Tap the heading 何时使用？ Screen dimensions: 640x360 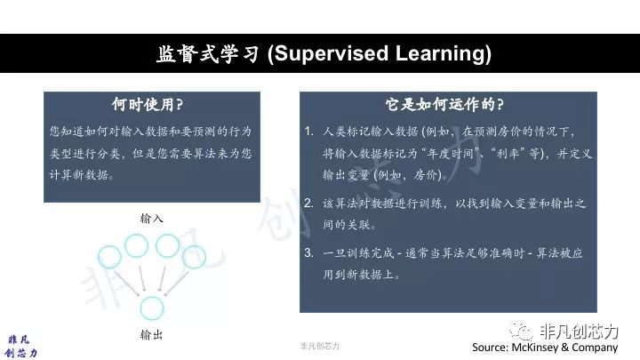pos(148,105)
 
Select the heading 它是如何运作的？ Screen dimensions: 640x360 pos(444,105)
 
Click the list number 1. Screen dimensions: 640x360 pos(309,131)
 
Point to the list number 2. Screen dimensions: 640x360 pos(309,203)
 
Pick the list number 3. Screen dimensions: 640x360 pos(309,252)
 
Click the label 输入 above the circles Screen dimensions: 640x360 pos(152,219)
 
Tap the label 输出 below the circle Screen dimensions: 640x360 pos(152,335)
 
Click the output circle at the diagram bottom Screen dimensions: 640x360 pos(140,308)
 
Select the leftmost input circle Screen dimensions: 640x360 pos(99,257)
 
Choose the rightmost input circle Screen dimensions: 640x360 pos(205,258)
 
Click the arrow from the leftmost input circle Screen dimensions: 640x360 pos(127,284)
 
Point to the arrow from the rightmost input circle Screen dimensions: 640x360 pos(176,284)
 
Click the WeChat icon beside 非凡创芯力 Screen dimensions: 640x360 pos(521,331)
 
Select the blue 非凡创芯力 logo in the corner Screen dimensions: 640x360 pos(20,346)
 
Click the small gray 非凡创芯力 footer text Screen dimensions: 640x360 pos(320,346)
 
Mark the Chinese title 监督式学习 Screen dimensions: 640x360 pos(208,53)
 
